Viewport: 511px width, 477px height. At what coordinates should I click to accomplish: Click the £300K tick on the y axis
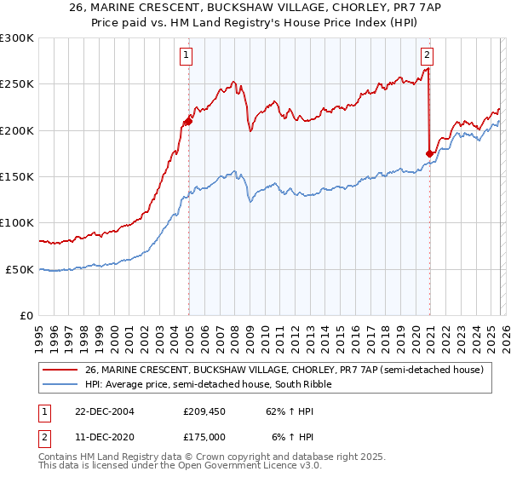coord(17,38)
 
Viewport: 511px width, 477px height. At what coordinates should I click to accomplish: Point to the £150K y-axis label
coord(17,177)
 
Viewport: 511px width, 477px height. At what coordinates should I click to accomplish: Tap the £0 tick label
coord(25,315)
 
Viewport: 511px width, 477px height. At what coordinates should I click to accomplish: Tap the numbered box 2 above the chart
coord(427,56)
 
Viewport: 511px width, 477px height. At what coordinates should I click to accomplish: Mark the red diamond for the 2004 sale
coord(188,122)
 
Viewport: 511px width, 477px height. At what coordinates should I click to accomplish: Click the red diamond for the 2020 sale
coord(429,153)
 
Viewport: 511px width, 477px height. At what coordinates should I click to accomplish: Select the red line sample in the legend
coord(61,370)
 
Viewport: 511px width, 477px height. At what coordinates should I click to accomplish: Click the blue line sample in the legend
coord(61,384)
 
